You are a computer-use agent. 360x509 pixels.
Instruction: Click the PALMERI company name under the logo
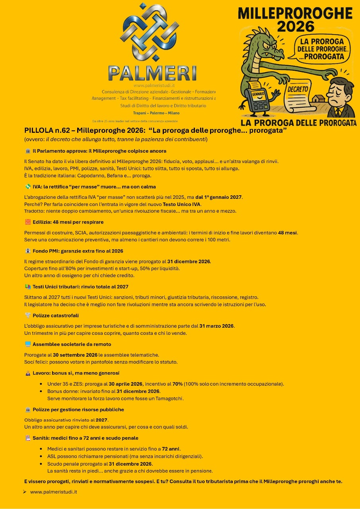click(152, 73)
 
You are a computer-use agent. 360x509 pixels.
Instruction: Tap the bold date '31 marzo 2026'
click(217, 326)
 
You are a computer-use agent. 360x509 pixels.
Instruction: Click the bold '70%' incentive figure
click(177, 384)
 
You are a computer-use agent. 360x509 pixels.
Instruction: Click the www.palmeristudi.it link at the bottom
click(53, 492)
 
